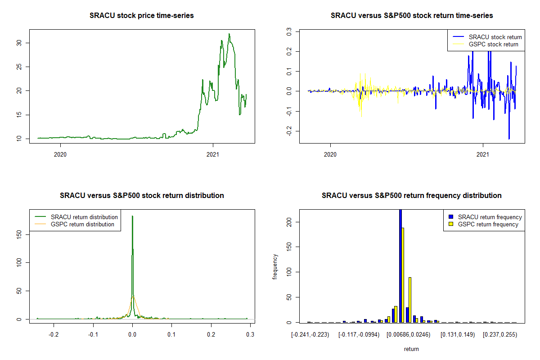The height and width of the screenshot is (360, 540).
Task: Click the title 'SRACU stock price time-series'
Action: click(142, 16)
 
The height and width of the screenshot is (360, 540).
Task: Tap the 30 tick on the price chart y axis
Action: click(21, 43)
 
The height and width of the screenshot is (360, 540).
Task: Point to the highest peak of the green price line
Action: click(229, 34)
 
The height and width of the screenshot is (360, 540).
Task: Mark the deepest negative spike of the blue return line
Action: click(509, 139)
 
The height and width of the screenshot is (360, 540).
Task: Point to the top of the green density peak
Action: click(132, 216)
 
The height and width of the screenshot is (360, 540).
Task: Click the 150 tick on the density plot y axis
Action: click(21, 234)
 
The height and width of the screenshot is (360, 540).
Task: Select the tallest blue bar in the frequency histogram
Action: click(400, 265)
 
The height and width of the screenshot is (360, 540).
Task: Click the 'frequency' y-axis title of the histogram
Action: click(275, 267)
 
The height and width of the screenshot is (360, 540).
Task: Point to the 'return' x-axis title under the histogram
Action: click(411, 349)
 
